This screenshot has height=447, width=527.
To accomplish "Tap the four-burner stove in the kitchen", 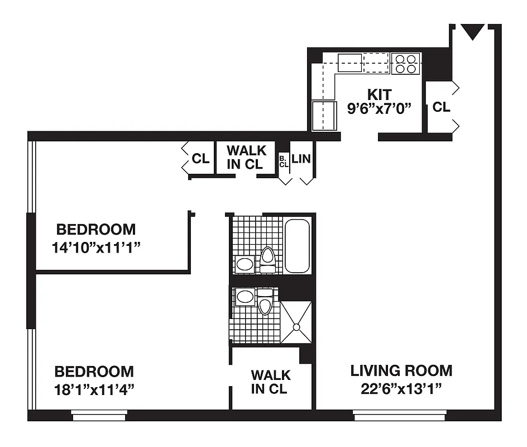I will [406, 63].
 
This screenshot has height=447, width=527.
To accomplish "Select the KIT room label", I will [379, 94].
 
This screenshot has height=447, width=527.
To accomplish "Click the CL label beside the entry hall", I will [441, 107].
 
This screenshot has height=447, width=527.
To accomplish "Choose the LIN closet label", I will [301, 159].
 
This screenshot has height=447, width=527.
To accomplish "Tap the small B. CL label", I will [284, 161].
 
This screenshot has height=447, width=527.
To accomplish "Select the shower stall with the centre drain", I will [296, 322].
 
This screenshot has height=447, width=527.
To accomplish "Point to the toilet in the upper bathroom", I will [268, 259].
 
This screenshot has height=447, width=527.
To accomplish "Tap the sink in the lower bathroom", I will [245, 297].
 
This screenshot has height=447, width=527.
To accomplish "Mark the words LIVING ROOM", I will [401, 370].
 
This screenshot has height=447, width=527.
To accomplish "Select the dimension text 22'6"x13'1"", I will [401, 388].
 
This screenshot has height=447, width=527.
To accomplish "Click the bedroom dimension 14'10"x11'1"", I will [95, 248].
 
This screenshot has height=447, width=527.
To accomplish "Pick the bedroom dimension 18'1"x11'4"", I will [94, 389].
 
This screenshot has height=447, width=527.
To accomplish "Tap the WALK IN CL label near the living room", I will [270, 382].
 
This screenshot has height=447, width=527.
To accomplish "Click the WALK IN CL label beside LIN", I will [246, 157].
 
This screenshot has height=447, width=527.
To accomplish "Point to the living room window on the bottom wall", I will [400, 415].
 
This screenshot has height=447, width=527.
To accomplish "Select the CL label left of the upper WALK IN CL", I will [200, 159].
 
